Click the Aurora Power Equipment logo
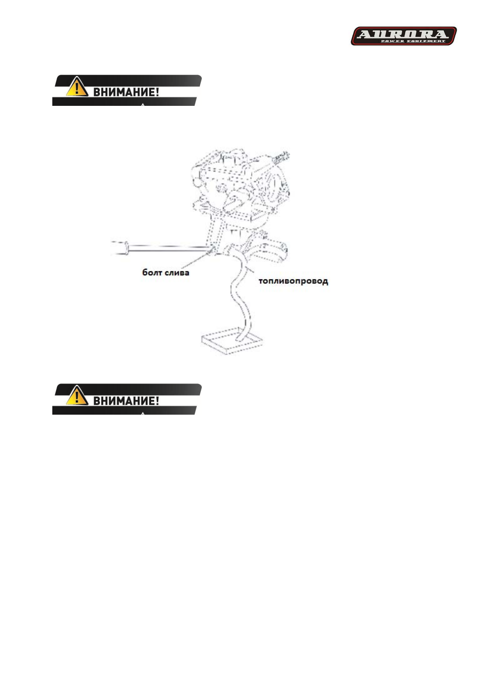pyautogui.click(x=404, y=36)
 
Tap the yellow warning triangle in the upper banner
pyautogui.click(x=77, y=88)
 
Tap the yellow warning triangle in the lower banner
pyautogui.click(x=77, y=396)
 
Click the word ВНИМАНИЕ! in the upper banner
pyautogui.click(x=126, y=92)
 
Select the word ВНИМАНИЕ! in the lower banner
pyautogui.click(x=126, y=401)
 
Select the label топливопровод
pyautogui.click(x=293, y=281)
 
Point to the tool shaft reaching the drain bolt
pyautogui.click(x=170, y=248)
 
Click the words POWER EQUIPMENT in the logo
pyautogui.click(x=413, y=41)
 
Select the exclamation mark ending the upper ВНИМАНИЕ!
pyautogui.click(x=157, y=92)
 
